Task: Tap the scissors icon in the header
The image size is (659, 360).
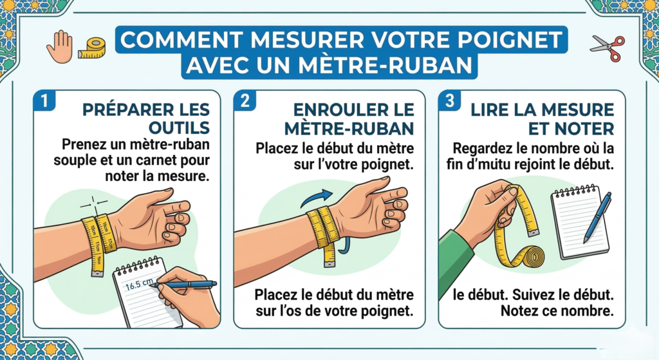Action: pos(607,46)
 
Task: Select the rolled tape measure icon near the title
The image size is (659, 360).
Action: pos(91,48)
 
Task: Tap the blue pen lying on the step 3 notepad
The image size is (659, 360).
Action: pos(597,216)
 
